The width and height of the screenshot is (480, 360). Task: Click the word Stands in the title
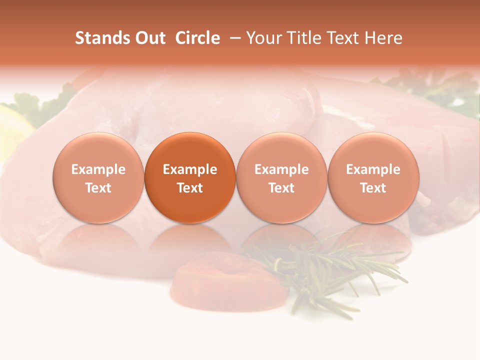[x=102, y=38]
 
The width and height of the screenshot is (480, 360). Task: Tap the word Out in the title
[x=149, y=38]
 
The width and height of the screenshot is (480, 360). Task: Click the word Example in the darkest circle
[x=190, y=169]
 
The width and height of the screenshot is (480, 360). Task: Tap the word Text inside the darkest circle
[x=190, y=188]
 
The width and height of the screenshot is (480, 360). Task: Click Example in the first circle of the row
[x=98, y=169]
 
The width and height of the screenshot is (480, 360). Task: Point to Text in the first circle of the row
[x=98, y=188]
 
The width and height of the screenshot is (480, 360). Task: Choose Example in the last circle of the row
[x=373, y=169]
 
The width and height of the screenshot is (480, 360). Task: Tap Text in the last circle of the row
[x=373, y=188]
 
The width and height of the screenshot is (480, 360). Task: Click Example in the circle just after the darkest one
[x=281, y=169]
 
